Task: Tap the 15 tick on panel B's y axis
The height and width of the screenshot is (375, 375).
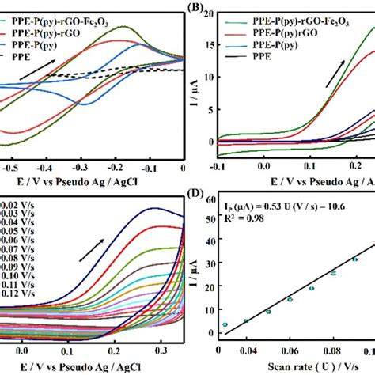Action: [x=206, y=45]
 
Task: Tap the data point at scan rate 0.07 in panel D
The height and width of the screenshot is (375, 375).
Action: [x=312, y=288]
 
